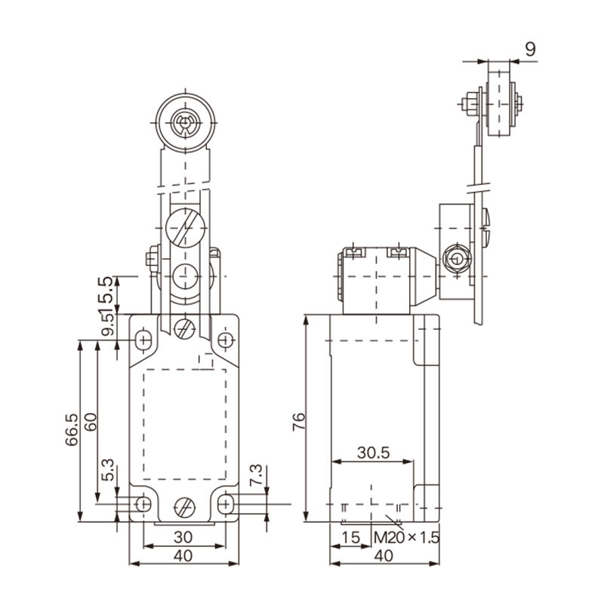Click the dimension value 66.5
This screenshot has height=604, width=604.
tap(72, 430)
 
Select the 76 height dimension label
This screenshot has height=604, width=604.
tap(298, 421)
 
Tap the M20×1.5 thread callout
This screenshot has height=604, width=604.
tap(407, 538)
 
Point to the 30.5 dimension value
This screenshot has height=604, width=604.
tap(373, 452)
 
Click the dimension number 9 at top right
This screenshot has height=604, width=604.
tap(531, 49)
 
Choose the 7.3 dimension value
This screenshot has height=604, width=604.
tap(256, 475)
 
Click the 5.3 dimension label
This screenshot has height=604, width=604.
tap(108, 470)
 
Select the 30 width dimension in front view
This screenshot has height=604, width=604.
tap(183, 537)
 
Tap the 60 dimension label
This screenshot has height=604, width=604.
tap(91, 422)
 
